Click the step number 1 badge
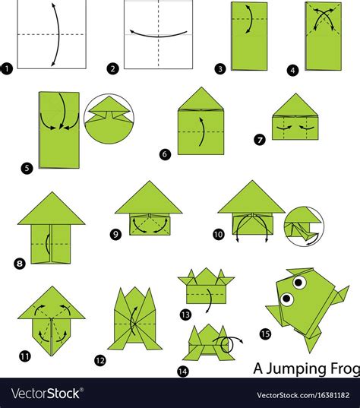tap(7, 69)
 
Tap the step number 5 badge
tap(27, 169)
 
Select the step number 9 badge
tap(115, 234)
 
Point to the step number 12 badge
tap(100, 361)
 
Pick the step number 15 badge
tap(265, 334)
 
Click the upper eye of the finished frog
tap(299, 282)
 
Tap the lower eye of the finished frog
tap(286, 299)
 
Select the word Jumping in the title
tap(296, 369)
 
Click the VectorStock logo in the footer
tap(47, 393)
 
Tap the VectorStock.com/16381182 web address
tap(303, 395)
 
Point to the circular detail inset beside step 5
tap(109, 119)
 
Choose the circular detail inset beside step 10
tap(304, 226)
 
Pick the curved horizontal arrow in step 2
tap(158, 35)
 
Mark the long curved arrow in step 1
tap(58, 35)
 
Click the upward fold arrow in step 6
tap(204, 131)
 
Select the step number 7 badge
tap(260, 141)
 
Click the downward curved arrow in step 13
tap(210, 299)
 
